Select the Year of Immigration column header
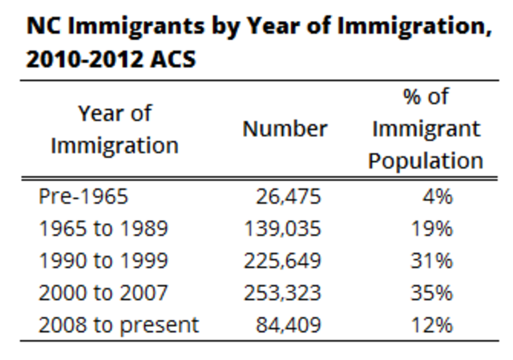[x=115, y=129]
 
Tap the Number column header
[x=285, y=129]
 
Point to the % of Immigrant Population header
[x=426, y=129]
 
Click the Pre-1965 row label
[x=83, y=196]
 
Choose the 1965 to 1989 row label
[x=103, y=229]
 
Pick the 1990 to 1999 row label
[x=103, y=261]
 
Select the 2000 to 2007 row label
[x=103, y=293]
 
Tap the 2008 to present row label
[x=119, y=325]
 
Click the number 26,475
[x=289, y=196]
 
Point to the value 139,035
[x=283, y=229]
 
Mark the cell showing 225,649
[x=283, y=261]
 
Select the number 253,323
[x=283, y=293]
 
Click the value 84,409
[x=289, y=325]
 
